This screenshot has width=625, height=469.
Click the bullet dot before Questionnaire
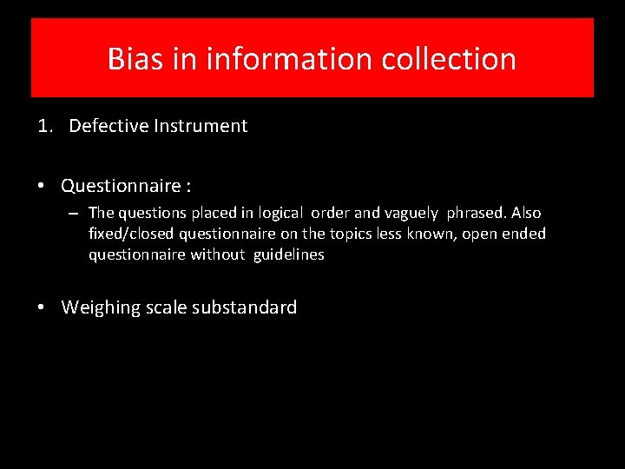[43, 186]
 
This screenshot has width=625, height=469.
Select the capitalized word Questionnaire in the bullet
[121, 186]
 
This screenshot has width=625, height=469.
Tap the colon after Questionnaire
[188, 186]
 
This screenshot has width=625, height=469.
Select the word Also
[526, 213]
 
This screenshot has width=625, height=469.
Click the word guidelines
[289, 254]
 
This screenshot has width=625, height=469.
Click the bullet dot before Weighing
[43, 307]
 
